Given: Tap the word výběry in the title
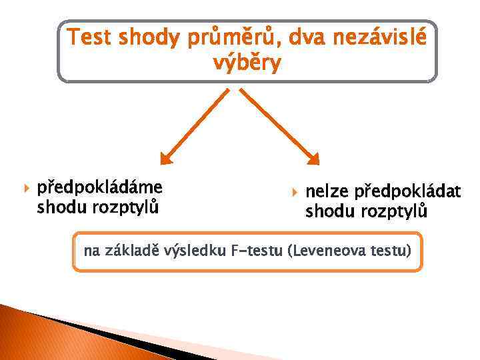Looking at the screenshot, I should (x=247, y=64).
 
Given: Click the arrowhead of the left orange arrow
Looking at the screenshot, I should (x=166, y=157).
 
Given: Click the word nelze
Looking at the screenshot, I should (x=327, y=193).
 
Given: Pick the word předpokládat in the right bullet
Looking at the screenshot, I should (x=407, y=193).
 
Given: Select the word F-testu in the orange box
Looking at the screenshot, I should (x=259, y=252).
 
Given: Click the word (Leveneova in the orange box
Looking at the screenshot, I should (x=323, y=252).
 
